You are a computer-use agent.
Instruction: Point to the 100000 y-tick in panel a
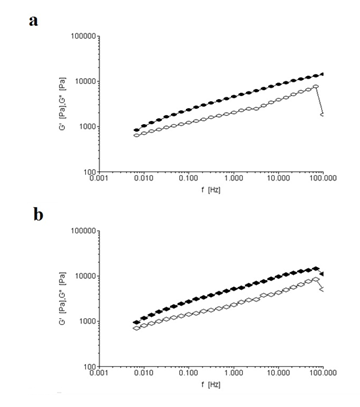click(x=83, y=36)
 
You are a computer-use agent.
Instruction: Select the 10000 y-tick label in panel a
click(x=85, y=81)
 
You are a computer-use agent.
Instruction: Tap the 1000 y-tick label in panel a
click(x=87, y=127)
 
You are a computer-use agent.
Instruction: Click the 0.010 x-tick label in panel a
click(x=143, y=179)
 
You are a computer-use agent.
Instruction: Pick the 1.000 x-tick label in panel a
click(x=233, y=179)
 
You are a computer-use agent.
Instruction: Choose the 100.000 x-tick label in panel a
click(x=322, y=179)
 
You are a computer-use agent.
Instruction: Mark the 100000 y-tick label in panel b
click(x=83, y=231)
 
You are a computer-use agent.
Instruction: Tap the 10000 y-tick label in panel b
click(x=85, y=276)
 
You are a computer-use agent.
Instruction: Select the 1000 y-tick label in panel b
click(x=87, y=322)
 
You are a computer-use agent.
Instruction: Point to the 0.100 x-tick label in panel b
click(x=188, y=374)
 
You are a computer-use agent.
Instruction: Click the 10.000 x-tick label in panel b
click(x=278, y=374)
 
